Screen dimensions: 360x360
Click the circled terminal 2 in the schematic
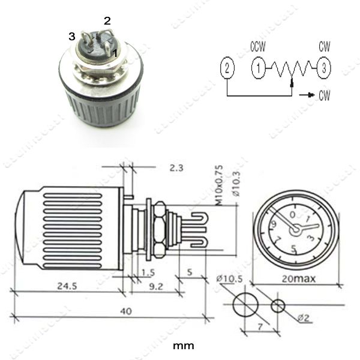226,67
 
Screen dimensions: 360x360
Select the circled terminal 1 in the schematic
259,67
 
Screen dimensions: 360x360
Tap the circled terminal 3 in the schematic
323,67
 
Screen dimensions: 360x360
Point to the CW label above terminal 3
324,47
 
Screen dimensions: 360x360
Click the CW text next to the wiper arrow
324,95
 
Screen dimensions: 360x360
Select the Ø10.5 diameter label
228,278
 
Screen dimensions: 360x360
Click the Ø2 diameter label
305,319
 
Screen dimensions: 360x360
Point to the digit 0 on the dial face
292,214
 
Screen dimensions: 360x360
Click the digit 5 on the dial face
293,248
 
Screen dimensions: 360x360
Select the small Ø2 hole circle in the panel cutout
278,305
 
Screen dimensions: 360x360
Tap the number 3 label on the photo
71,37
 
